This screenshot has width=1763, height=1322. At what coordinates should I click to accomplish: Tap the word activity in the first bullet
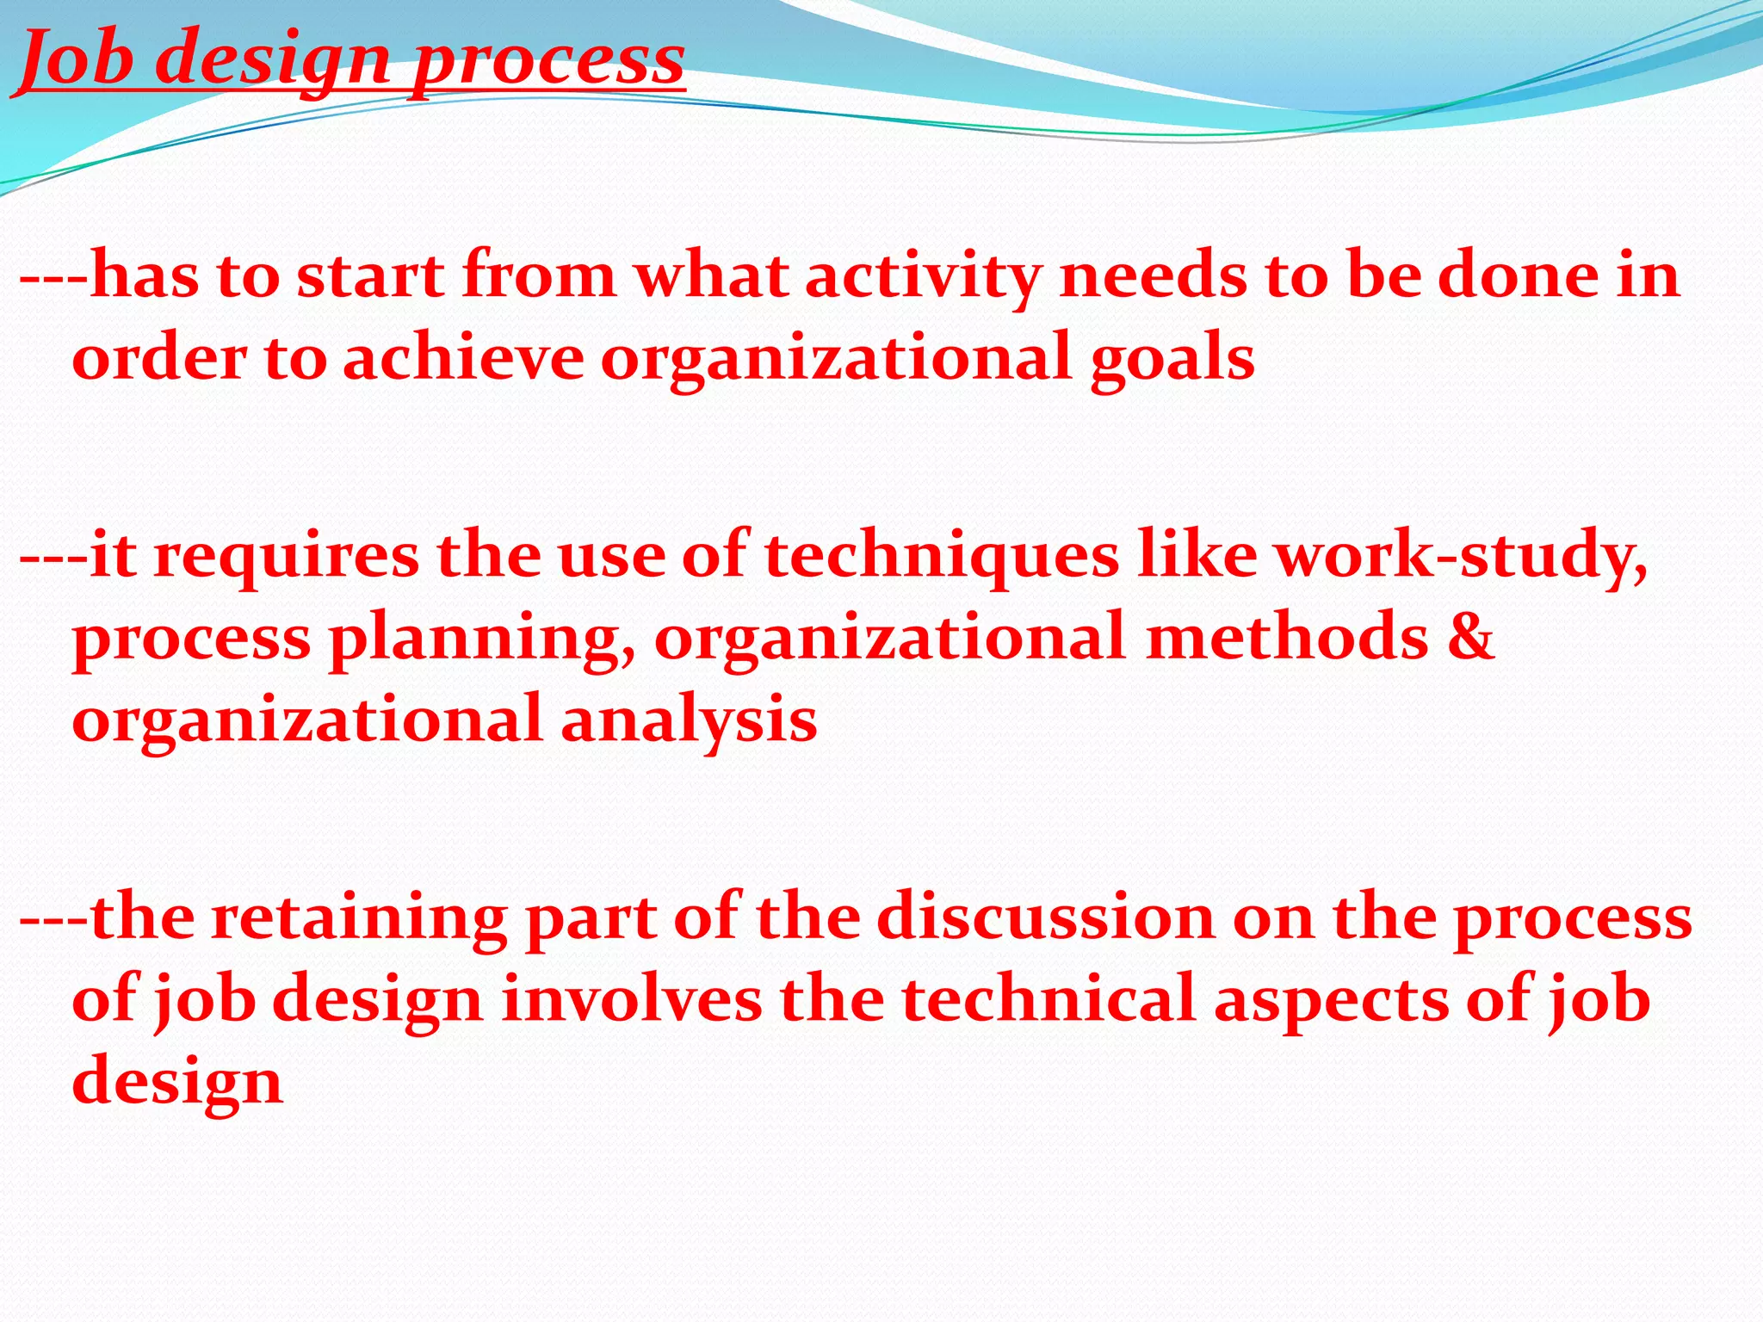click(x=922, y=277)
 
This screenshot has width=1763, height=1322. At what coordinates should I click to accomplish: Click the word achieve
click(x=464, y=358)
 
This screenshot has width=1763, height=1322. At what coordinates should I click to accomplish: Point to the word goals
click(x=1172, y=358)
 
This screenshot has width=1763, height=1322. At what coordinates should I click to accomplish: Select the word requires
click(x=287, y=556)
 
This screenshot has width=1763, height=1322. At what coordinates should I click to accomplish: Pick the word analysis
click(x=689, y=720)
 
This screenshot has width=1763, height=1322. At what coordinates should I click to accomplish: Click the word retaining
click(x=360, y=918)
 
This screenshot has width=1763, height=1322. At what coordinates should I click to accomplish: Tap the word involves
click(x=632, y=999)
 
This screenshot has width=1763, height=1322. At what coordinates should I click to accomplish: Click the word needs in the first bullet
click(x=1152, y=277)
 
